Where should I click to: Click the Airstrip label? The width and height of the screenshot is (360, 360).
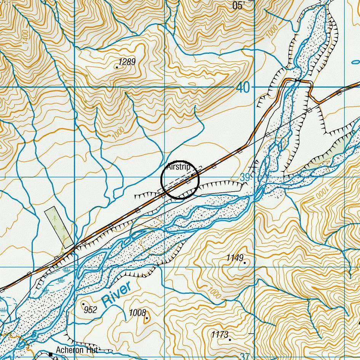click(178, 167)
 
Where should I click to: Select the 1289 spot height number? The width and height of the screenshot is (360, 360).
click(127, 62)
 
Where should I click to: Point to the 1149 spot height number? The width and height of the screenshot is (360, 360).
click(234, 258)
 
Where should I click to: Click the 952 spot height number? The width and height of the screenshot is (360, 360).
click(91, 310)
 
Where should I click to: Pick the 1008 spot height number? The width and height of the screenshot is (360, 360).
click(137, 313)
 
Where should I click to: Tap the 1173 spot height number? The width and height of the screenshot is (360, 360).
click(220, 334)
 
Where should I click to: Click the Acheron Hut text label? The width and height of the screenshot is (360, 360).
click(77, 350)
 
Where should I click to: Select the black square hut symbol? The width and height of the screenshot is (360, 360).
click(51, 355)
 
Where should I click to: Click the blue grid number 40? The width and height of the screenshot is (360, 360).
click(243, 88)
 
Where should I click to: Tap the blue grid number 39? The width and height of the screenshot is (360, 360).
click(245, 178)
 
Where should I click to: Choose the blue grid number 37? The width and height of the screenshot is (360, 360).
click(245, 357)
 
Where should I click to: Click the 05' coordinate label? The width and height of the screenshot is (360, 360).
click(238, 5)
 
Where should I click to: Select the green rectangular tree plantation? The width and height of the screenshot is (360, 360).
click(59, 227)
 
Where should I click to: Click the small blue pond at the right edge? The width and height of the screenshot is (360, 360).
click(355, 62)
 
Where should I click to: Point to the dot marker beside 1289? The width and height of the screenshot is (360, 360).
click(117, 67)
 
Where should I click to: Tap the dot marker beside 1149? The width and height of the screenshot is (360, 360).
click(244, 262)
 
